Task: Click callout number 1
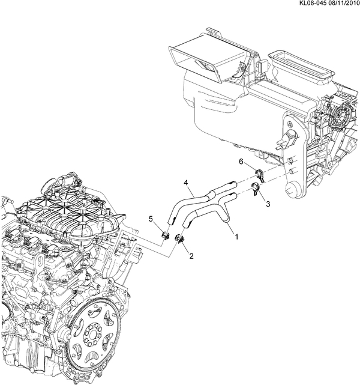click(236, 237)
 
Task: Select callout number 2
click(191, 256)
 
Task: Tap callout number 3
click(268, 204)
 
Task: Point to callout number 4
click(186, 183)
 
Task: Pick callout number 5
click(151, 218)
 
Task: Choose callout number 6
click(241, 162)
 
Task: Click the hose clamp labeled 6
click(260, 175)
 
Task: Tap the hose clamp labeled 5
click(166, 235)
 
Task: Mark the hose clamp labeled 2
click(179, 239)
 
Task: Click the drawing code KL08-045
click(312, 3)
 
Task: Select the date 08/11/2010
click(343, 3)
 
